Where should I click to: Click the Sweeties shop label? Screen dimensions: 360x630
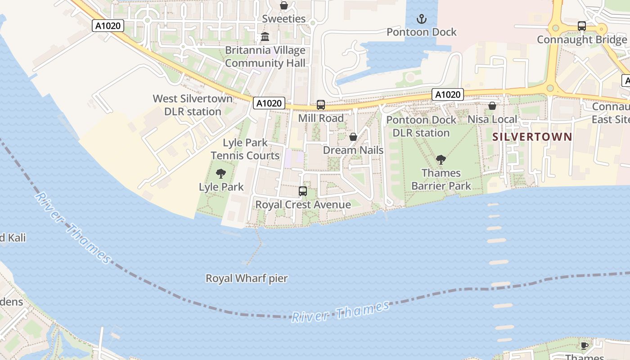coord(283,19)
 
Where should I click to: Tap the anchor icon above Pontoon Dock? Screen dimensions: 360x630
coord(422,19)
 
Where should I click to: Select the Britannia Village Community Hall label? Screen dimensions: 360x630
coord(265,57)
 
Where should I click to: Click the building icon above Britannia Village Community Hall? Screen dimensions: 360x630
coord(265,37)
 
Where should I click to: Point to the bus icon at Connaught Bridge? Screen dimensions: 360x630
coord(582,26)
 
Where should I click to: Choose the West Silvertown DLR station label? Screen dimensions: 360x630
coord(193,105)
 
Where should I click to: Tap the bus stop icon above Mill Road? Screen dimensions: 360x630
coord(321,105)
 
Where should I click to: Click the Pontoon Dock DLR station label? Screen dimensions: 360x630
coord(421,126)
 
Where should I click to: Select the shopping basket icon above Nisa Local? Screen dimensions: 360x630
coord(492,106)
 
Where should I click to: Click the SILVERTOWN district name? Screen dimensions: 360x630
coord(532,137)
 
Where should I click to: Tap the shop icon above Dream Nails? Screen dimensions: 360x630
coord(353,137)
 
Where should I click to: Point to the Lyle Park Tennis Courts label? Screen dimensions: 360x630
coord(245,149)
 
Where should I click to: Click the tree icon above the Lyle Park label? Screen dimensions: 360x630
coord(221,174)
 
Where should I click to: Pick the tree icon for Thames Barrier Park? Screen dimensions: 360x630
coord(441,159)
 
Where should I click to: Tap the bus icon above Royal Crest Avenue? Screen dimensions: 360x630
coord(303,191)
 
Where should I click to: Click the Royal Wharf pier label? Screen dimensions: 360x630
coord(247,279)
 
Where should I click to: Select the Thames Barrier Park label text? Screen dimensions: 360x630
coord(441,179)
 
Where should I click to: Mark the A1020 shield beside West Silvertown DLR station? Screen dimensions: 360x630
coord(269,103)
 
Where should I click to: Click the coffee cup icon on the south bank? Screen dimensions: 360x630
coord(584,346)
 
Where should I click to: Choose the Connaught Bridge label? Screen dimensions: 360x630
coord(581,40)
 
